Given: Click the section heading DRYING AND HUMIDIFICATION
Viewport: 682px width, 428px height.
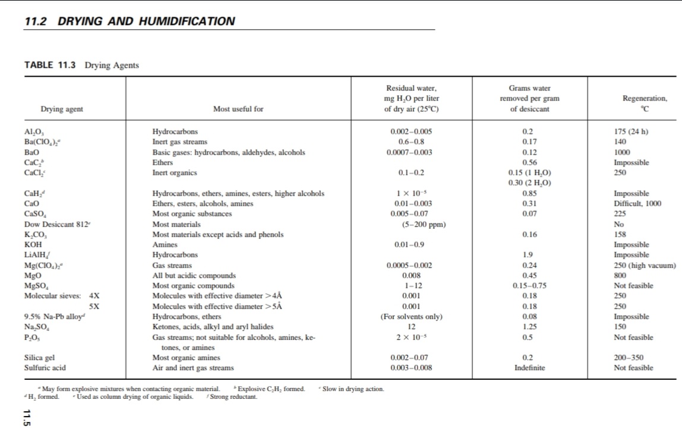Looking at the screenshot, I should (146, 22).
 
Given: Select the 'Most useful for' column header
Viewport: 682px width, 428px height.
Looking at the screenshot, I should (238, 109).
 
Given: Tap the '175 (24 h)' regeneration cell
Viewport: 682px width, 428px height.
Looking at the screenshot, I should (630, 131).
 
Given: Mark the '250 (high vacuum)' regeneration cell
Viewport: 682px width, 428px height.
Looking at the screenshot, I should (645, 265).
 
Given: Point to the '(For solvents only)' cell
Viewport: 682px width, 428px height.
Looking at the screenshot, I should (412, 316).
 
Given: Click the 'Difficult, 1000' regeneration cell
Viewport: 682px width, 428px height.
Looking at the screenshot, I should (637, 204).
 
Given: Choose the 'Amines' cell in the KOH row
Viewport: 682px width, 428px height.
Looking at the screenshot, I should (165, 245).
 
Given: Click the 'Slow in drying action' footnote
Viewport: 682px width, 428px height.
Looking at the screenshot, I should (353, 389).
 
